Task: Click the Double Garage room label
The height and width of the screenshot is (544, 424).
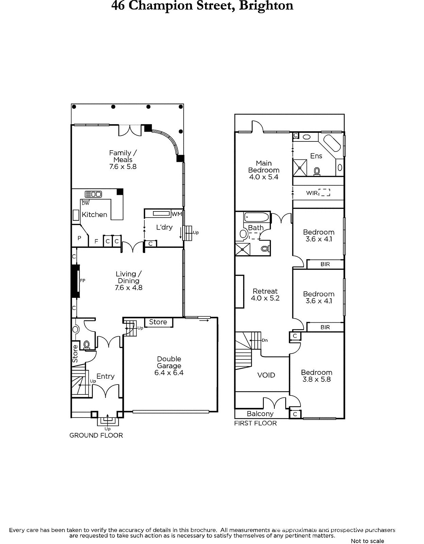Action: (169, 362)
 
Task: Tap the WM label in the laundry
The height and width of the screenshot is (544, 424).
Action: (177, 214)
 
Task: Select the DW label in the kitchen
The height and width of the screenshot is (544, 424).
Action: (86, 204)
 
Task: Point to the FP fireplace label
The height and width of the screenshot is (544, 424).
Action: (83, 280)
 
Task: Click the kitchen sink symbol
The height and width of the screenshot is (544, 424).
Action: (94, 194)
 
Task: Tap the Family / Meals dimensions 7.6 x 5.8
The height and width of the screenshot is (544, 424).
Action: (123, 167)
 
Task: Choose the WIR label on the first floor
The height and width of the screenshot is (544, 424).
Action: (312, 193)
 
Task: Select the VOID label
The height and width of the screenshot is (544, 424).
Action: (266, 375)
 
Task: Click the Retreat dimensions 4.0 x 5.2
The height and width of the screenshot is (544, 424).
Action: (265, 298)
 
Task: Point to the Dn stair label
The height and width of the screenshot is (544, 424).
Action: (265, 340)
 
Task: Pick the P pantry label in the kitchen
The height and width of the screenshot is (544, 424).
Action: (79, 238)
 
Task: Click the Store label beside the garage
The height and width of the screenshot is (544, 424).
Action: (158, 322)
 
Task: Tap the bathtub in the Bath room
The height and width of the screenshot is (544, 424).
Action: (256, 217)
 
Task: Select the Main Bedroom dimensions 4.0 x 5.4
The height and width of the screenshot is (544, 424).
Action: (264, 177)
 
